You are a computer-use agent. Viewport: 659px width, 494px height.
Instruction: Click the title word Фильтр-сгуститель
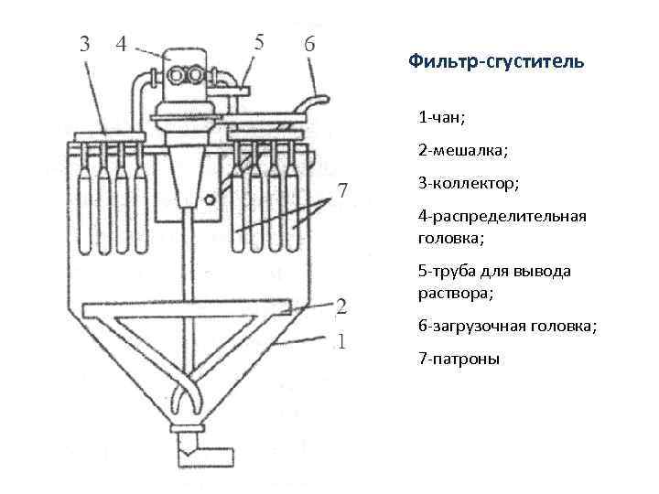pyautogui.click(x=495, y=62)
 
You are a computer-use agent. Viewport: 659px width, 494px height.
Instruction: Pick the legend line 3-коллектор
pyautogui.click(x=469, y=183)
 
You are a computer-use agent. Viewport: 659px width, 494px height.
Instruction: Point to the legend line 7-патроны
pyautogui.click(x=459, y=359)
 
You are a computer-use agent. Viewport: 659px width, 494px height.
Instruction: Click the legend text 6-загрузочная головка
pyautogui.click(x=507, y=326)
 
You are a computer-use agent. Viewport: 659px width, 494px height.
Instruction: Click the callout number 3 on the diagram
pyautogui.click(x=84, y=43)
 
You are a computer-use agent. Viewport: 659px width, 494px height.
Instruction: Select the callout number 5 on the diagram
pyautogui.click(x=259, y=41)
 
